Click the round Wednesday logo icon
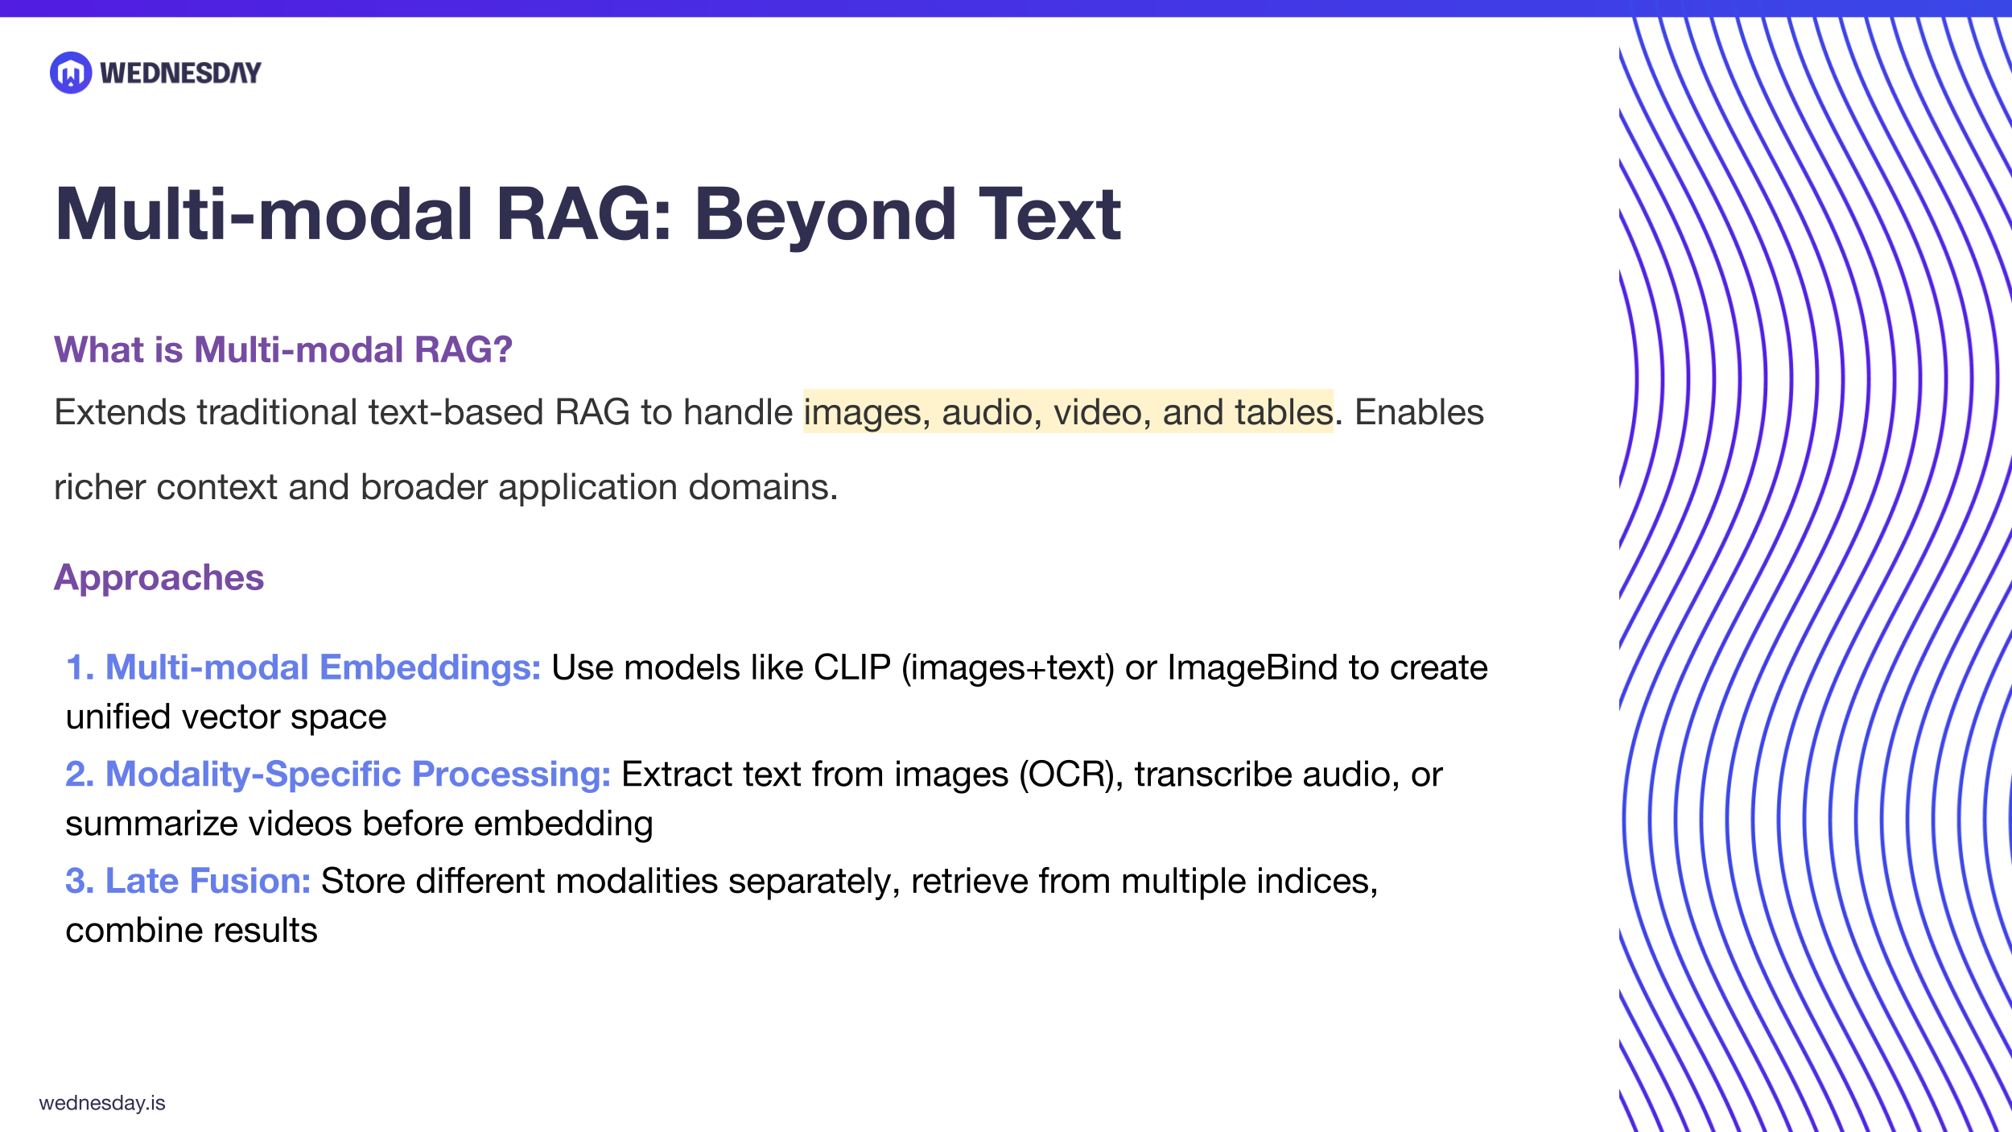[71, 72]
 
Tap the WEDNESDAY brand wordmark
[180, 73]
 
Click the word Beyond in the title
[825, 215]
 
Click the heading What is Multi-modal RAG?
[282, 349]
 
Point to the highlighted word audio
[987, 412]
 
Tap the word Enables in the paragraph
[1419, 412]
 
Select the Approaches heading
[159, 577]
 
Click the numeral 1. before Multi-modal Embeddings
[80, 667]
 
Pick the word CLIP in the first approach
[851, 667]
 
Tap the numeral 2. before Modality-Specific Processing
[80, 774]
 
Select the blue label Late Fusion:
[208, 881]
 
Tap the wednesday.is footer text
[102, 1103]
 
